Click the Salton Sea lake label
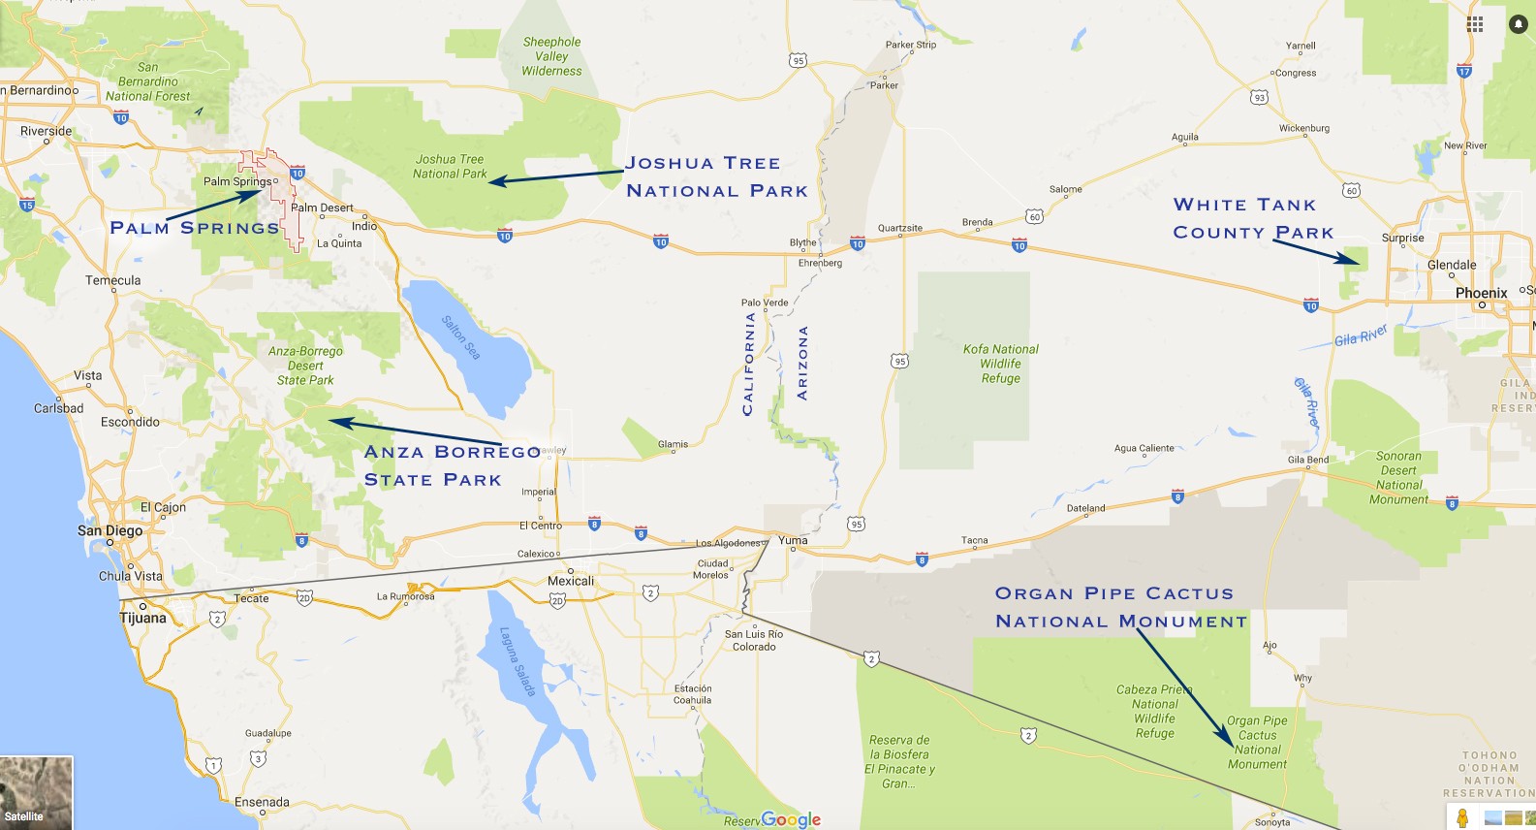click(x=461, y=336)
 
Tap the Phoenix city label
click(x=1481, y=293)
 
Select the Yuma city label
click(x=793, y=540)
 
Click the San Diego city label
click(x=110, y=530)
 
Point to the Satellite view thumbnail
click(x=36, y=792)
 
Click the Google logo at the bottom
click(x=791, y=819)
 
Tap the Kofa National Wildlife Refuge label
click(x=1000, y=364)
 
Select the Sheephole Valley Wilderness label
click(x=551, y=56)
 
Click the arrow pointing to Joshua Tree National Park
click(x=556, y=176)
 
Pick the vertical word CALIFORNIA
click(x=747, y=364)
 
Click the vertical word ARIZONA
click(x=801, y=363)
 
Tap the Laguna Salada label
click(x=517, y=660)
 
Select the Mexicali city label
click(x=571, y=581)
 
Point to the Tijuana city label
click(x=142, y=618)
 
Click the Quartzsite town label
click(x=899, y=228)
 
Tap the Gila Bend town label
click(x=1307, y=460)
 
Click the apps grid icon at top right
click(x=1474, y=24)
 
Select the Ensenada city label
click(x=262, y=802)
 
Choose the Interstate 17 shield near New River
click(x=1463, y=71)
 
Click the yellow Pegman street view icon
click(x=1462, y=817)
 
